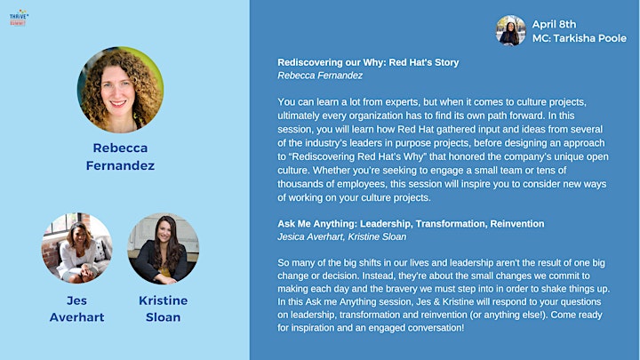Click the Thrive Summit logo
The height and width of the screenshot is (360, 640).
(x=19, y=18)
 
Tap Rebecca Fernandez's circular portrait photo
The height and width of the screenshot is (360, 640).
(x=120, y=90)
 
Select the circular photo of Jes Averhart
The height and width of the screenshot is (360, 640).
(x=77, y=248)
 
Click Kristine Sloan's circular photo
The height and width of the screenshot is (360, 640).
(x=164, y=248)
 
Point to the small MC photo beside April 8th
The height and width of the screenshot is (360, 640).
(x=510, y=30)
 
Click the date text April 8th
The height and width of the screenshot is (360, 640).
(x=554, y=25)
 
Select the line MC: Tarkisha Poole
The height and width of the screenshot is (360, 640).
(x=580, y=38)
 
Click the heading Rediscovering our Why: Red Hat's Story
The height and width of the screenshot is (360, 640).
(x=368, y=62)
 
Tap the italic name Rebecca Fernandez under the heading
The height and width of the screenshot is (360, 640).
(x=320, y=76)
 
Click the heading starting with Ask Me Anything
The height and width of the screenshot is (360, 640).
(x=411, y=224)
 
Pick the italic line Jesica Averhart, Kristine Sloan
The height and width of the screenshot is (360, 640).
(x=342, y=236)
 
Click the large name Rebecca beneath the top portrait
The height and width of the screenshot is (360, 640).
(x=120, y=148)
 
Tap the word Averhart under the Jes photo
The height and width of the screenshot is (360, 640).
(x=76, y=317)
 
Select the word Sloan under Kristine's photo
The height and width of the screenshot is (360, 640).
(x=164, y=317)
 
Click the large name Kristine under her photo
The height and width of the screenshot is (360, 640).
(x=164, y=300)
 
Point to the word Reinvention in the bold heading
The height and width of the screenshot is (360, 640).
(x=517, y=224)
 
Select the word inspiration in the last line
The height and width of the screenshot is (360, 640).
(x=311, y=328)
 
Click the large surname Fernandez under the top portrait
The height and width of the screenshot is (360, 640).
(x=120, y=165)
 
